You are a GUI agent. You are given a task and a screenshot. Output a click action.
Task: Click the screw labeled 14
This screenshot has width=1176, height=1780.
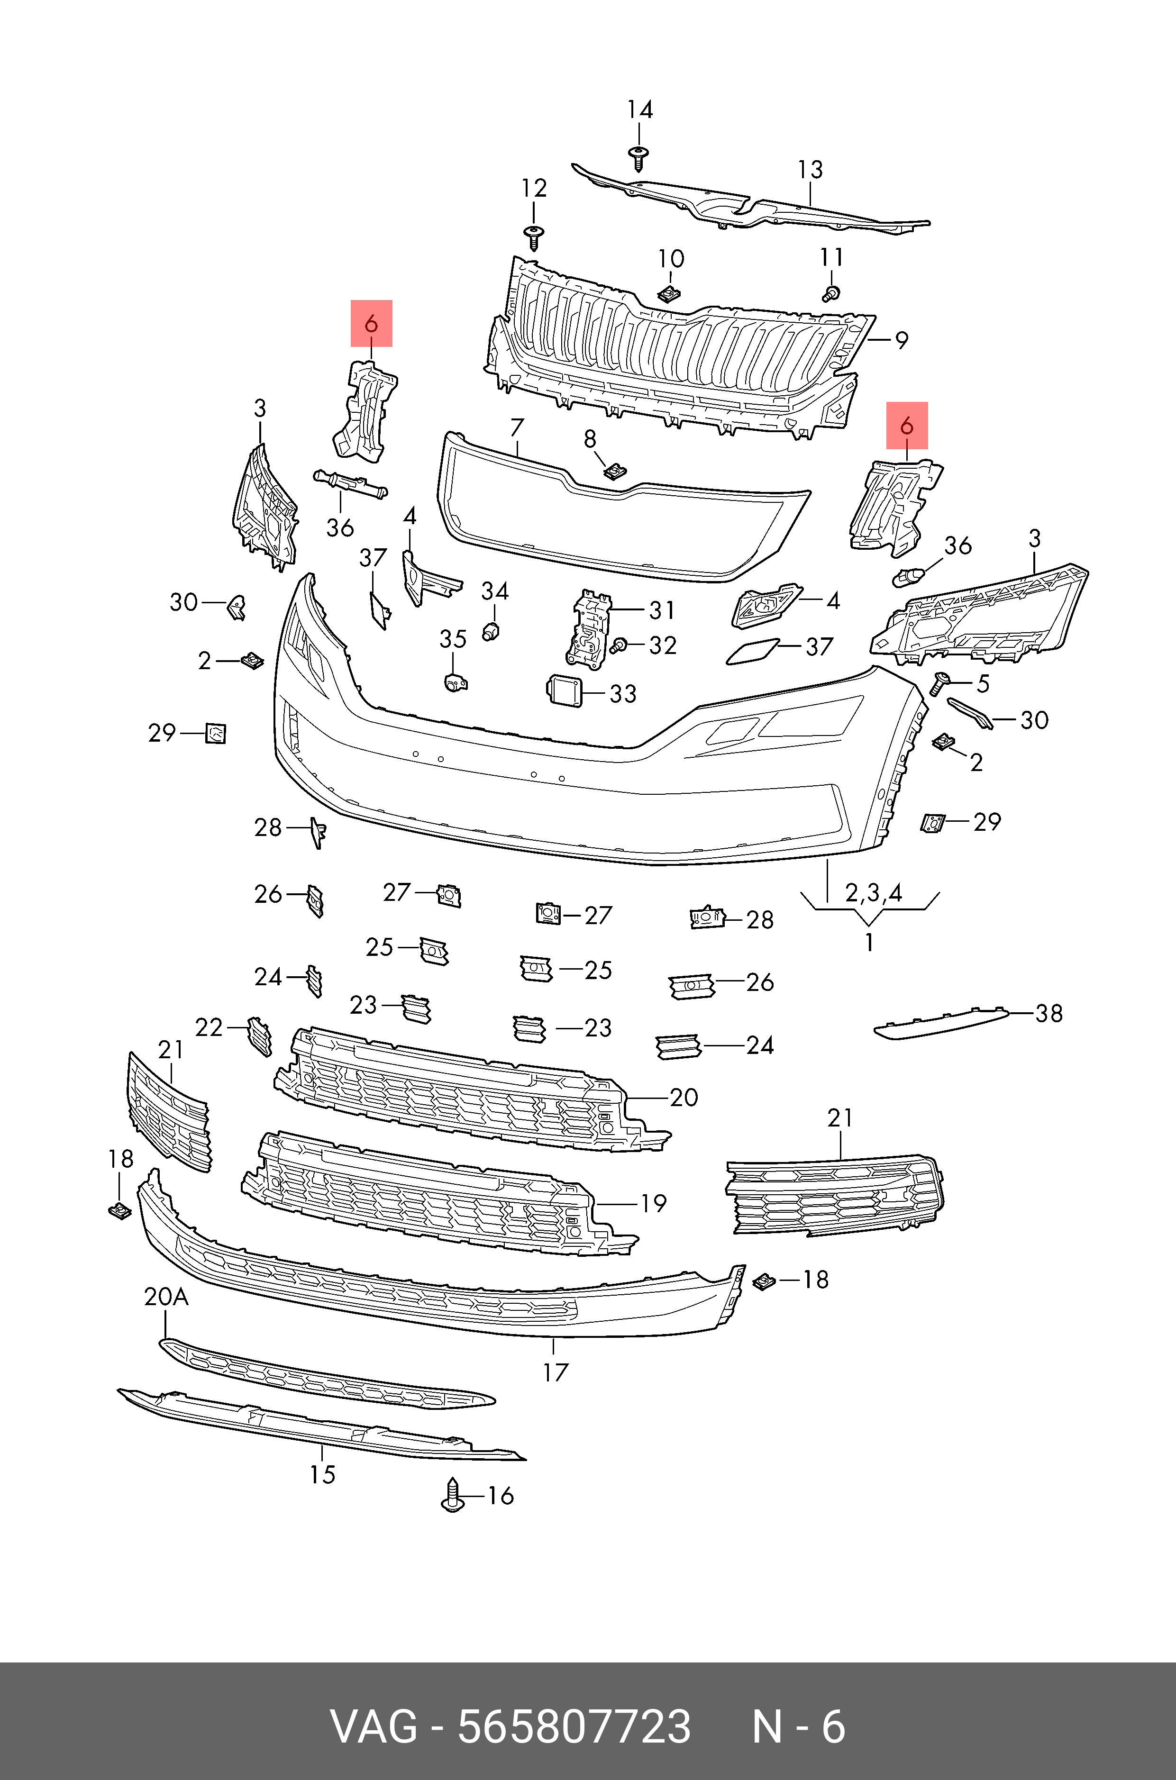(638, 158)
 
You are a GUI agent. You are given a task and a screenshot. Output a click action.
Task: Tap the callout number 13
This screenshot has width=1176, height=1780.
(810, 170)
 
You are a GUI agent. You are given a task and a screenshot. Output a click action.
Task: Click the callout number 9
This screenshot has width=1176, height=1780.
(902, 340)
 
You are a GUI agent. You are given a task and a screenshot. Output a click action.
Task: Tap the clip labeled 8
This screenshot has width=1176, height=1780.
(614, 472)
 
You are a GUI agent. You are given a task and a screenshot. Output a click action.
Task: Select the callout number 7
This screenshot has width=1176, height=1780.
(516, 428)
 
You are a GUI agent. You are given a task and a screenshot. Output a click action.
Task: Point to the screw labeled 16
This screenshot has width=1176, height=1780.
(452, 1494)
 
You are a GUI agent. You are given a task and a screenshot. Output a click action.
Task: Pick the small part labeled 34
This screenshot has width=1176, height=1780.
(491, 631)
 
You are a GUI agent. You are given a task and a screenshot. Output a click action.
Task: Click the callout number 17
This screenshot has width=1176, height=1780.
(556, 1372)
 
